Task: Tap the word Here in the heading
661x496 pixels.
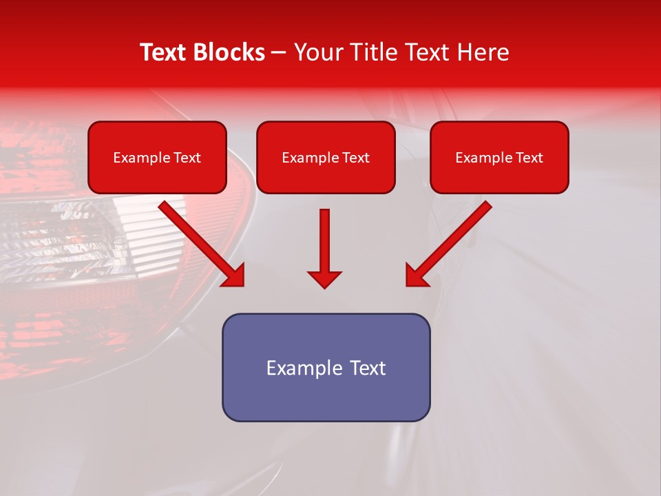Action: pos(485,52)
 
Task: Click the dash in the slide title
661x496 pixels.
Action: pos(279,53)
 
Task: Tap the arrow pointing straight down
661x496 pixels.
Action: pos(324,248)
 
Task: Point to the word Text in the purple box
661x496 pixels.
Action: pos(367,368)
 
